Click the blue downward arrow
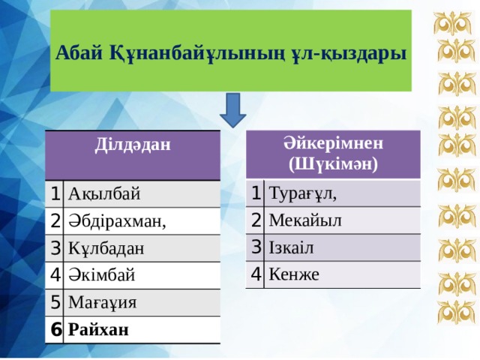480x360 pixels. [x=232, y=110]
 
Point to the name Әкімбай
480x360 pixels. [x=101, y=274]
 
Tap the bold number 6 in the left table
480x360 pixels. [x=55, y=328]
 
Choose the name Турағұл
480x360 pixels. [x=302, y=194]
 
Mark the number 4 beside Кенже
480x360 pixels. [x=256, y=274]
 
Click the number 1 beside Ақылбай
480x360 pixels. [x=55, y=193]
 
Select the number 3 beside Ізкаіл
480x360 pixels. [x=256, y=247]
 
